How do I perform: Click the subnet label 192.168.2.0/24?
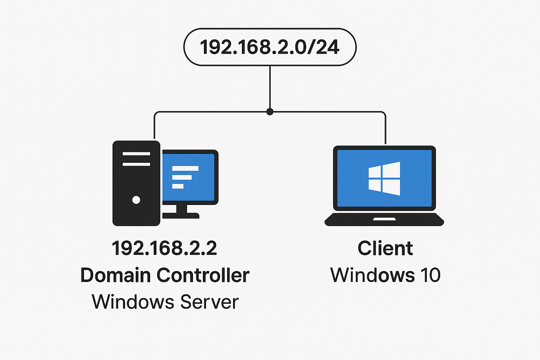[270, 47]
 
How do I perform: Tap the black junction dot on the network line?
[270, 112]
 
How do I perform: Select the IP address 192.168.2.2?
[164, 248]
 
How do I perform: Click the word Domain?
[116, 275]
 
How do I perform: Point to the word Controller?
[203, 275]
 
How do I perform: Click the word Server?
[210, 302]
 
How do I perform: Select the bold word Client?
[385, 248]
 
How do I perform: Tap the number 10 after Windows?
[430, 275]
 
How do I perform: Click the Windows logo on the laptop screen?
[384, 179]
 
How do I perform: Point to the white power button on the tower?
[136, 200]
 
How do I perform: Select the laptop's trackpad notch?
[384, 219]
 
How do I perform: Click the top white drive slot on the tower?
[136, 154]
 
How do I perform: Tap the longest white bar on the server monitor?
[185, 168]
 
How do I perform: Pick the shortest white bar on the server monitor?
[178, 186]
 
